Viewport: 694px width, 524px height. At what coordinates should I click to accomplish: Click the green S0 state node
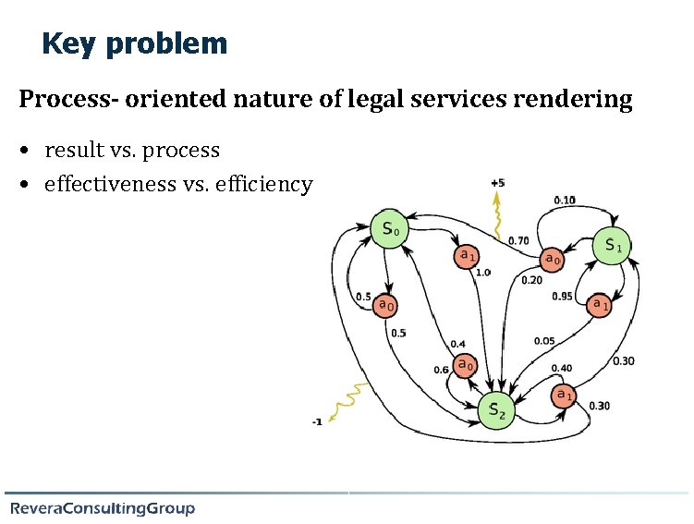pos(390,229)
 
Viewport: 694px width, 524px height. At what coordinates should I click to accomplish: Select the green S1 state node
pos(612,245)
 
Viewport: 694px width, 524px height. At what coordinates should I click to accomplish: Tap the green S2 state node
pos(496,409)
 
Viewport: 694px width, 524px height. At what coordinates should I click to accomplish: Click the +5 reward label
pos(498,183)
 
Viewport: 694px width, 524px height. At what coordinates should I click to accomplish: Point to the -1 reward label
pos(317,422)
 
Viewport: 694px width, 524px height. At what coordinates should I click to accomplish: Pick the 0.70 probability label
pos(518,241)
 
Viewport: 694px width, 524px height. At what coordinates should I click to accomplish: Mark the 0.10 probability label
pos(564,200)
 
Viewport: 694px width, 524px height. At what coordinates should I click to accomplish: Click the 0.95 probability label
pos(562,297)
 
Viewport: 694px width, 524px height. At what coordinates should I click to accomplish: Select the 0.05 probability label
pos(544,341)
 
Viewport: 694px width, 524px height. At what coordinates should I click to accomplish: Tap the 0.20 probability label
pos(531,280)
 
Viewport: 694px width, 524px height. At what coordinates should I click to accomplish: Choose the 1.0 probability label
pos(482,273)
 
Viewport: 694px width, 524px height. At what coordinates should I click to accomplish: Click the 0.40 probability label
pos(561,368)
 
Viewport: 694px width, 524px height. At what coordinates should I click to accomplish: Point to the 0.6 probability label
pos(441,371)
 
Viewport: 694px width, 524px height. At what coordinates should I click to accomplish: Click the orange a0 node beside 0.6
pos(465,365)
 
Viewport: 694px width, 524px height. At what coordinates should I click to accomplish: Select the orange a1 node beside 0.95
pos(600,303)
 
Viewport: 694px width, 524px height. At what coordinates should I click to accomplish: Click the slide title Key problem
pos(134,43)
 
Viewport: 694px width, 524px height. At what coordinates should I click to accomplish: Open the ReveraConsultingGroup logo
pos(103,508)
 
